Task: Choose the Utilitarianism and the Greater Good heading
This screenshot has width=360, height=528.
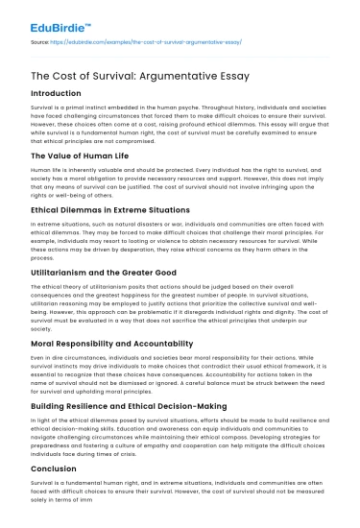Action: point(105,272)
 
